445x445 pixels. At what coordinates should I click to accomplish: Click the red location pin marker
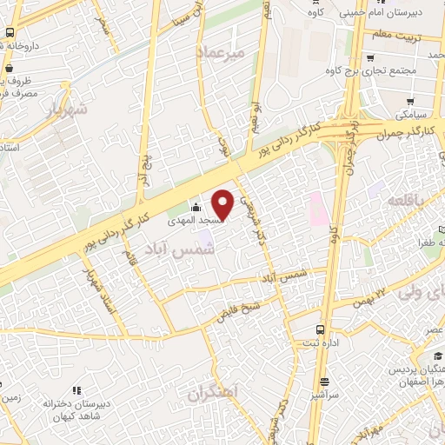point(223,205)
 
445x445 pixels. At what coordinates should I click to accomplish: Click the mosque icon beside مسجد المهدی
point(196,207)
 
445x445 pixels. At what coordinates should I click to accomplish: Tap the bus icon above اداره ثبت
point(322,329)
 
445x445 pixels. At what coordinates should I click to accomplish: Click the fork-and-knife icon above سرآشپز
point(324,382)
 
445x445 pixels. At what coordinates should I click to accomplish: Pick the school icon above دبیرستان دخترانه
point(76,391)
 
